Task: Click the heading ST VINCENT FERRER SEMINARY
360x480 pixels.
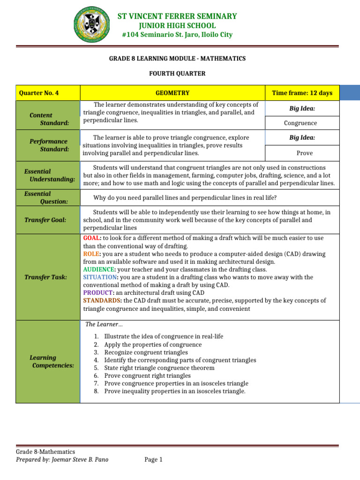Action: point(177,16)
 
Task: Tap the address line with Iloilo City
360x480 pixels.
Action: point(177,35)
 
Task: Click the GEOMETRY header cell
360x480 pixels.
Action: point(172,93)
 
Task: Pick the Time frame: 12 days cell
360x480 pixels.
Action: point(302,93)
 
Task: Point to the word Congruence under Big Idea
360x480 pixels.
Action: point(300,123)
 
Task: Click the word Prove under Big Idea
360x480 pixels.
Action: point(304,153)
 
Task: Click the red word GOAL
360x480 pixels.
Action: point(92,238)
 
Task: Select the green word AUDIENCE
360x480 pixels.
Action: point(98,270)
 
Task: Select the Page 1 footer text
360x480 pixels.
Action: point(153,459)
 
